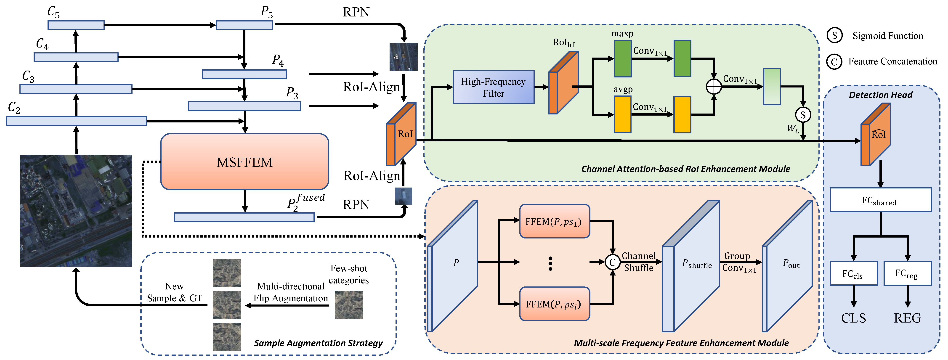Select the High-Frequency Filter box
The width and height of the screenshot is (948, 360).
[493, 87]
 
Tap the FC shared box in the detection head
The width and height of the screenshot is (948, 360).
[880, 200]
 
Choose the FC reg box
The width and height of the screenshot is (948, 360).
[907, 273]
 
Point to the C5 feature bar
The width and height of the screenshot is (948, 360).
[76, 25]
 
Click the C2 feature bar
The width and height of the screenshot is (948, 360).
[76, 121]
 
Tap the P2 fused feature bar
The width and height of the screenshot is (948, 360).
[244, 217]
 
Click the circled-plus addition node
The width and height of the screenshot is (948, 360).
[714, 87]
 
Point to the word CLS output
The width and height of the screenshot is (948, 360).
[853, 318]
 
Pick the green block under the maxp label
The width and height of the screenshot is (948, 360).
[623, 58]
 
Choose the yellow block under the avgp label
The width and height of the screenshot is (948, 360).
[622, 114]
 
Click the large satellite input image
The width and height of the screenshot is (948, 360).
[76, 211]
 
